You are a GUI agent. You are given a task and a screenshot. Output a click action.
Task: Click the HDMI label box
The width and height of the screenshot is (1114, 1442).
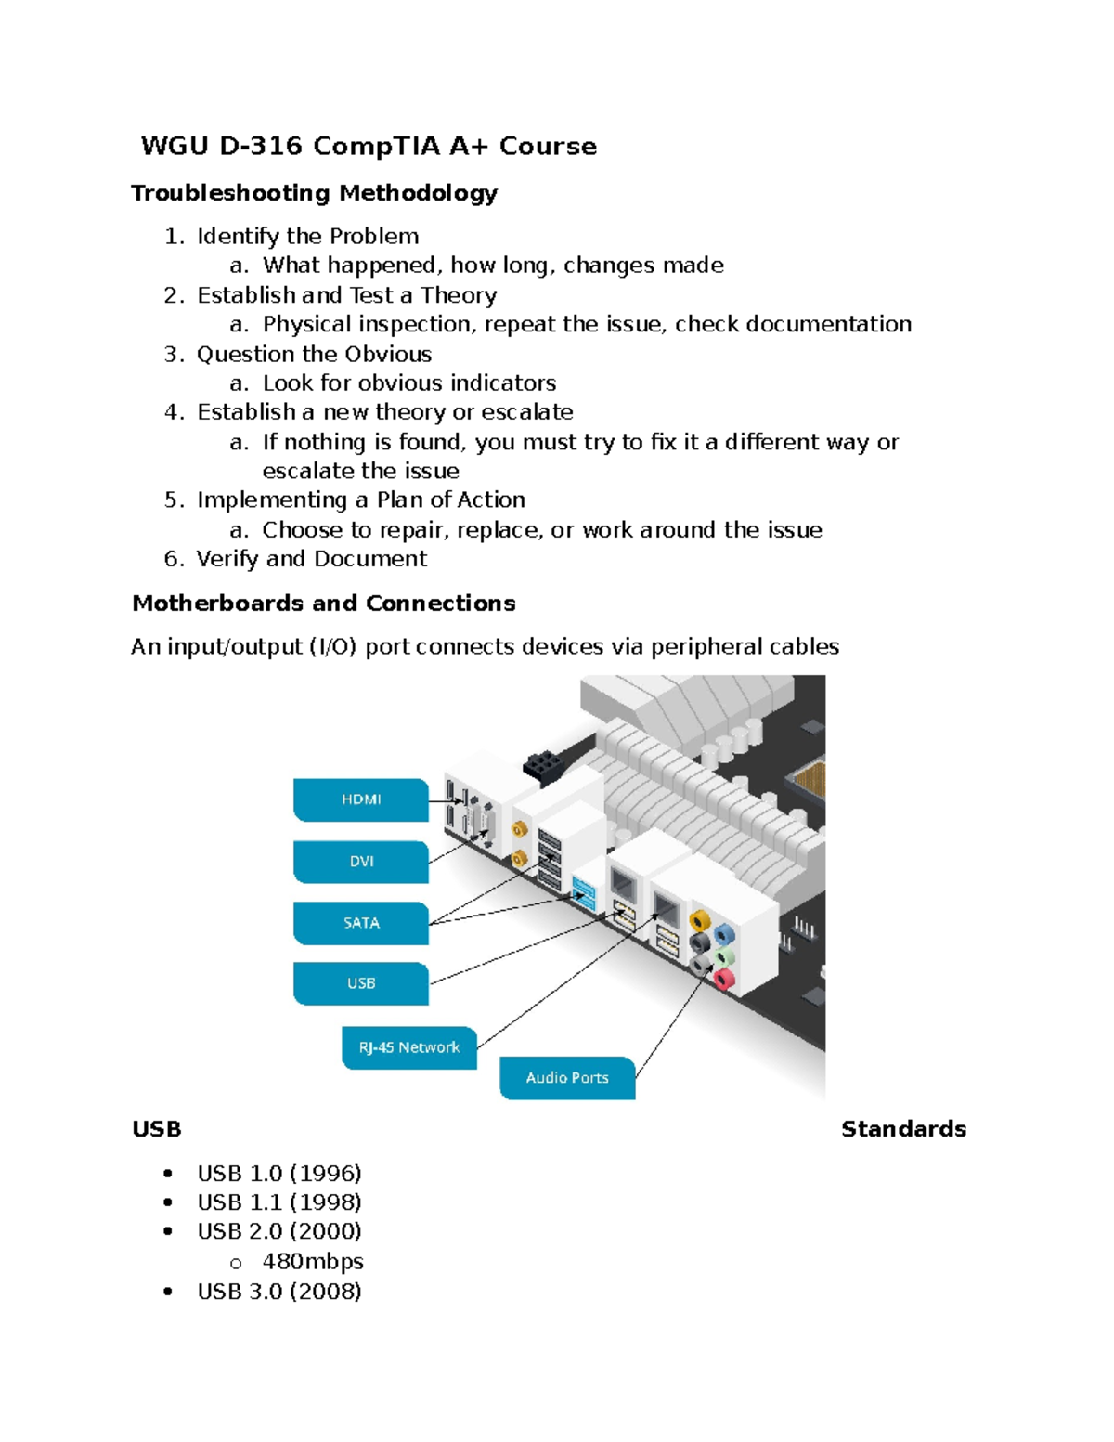click(361, 799)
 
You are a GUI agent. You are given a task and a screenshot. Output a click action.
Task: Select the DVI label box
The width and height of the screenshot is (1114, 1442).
click(361, 862)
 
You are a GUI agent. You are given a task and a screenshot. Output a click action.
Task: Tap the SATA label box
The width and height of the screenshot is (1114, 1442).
click(361, 923)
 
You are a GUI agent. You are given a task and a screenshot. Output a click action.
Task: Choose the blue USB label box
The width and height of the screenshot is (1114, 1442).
click(361, 983)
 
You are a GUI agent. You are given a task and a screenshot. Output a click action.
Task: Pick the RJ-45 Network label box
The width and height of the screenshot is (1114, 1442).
click(409, 1047)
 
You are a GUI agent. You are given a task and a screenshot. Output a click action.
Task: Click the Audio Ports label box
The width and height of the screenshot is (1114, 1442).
click(567, 1078)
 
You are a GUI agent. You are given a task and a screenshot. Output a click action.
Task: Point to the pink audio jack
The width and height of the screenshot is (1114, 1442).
click(723, 977)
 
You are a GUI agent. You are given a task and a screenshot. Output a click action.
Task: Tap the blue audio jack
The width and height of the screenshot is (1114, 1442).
click(724, 934)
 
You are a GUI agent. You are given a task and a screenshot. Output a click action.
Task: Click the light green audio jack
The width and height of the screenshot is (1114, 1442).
click(725, 956)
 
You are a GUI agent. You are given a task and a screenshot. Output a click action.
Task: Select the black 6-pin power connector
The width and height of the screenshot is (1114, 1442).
click(544, 766)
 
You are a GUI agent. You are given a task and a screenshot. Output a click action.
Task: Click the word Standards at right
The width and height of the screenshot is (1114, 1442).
click(903, 1129)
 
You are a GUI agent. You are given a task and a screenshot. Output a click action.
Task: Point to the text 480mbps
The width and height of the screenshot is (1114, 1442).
click(312, 1262)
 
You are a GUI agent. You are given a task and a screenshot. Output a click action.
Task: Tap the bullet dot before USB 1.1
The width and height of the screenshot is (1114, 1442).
click(168, 1202)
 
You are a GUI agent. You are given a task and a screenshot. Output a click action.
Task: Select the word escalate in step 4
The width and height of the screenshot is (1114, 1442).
click(526, 412)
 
